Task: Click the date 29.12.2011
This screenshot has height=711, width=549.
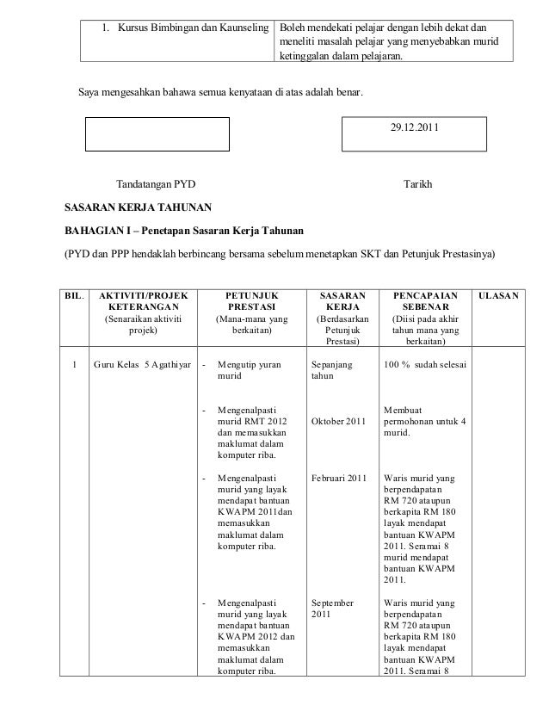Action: coord(414,127)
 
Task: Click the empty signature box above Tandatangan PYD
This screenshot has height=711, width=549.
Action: coord(157,134)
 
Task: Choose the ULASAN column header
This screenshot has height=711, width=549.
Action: coord(497,297)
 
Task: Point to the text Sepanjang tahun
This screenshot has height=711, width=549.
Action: coord(332,370)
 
